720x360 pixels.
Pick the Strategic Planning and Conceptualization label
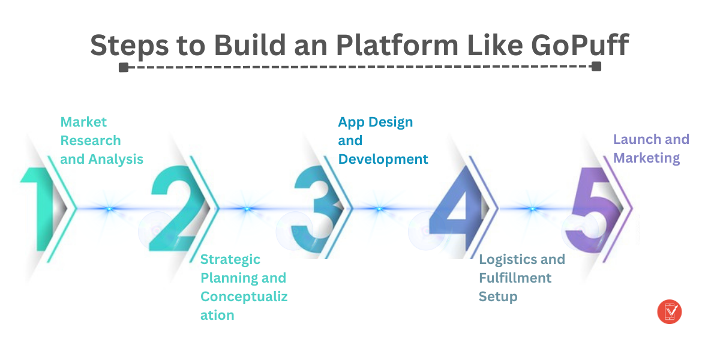pyautogui.click(x=244, y=287)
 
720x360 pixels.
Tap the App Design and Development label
pyautogui.click(x=383, y=140)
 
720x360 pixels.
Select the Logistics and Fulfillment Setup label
pyautogui.click(x=521, y=278)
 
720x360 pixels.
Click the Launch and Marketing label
pyautogui.click(x=651, y=149)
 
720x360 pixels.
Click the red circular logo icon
pyautogui.click(x=670, y=311)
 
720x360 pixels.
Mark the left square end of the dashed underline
pyautogui.click(x=123, y=67)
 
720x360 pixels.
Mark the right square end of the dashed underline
pyautogui.click(x=596, y=67)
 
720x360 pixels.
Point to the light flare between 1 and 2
pyautogui.click(x=109, y=209)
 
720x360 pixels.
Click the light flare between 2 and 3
pyautogui.click(x=247, y=209)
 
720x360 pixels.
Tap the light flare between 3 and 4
pyautogui.click(x=379, y=209)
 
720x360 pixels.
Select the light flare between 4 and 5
pyautogui.click(x=532, y=209)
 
